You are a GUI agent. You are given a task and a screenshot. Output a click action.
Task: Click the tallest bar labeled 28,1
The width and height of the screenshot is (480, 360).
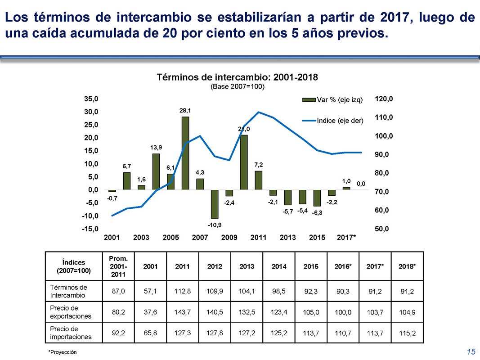point(185,153)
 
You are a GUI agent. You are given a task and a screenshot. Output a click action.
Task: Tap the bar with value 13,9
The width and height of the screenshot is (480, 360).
point(156,171)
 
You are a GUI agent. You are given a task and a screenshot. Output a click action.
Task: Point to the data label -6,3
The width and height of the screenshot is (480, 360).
point(317,213)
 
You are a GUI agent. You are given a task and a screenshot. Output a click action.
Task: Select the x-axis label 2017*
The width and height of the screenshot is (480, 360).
point(346,238)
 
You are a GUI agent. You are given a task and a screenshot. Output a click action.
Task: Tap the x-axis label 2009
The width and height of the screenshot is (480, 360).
point(229,238)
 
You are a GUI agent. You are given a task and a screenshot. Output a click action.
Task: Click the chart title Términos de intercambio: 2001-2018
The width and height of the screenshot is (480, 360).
point(237,77)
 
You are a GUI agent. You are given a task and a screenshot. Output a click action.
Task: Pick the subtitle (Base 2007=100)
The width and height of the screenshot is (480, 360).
point(237,86)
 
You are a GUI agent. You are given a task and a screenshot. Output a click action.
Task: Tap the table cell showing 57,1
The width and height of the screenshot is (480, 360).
point(150,291)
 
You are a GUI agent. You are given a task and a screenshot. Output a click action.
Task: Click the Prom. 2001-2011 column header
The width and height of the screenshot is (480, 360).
point(118,266)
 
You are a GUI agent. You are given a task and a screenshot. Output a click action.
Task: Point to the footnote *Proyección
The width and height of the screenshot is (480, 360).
point(63,352)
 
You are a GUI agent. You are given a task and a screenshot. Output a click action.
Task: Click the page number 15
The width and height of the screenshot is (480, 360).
point(471,351)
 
